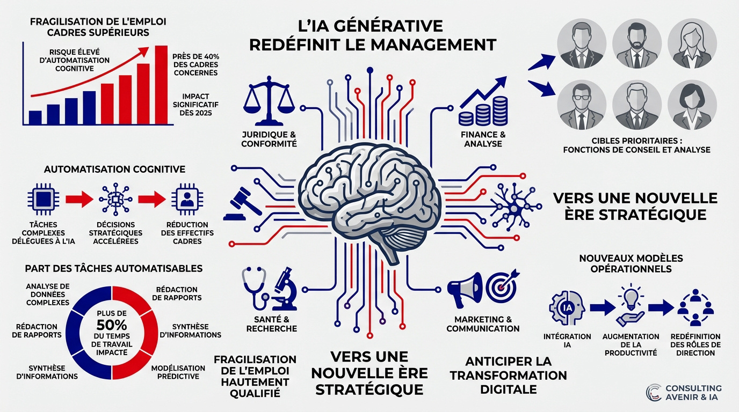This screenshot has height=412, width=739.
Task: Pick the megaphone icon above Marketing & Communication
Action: click(x=463, y=289)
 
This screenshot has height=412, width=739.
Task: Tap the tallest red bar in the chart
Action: click(x=161, y=85)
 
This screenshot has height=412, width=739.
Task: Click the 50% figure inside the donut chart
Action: click(x=112, y=325)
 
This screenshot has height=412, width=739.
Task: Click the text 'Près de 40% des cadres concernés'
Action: click(x=195, y=64)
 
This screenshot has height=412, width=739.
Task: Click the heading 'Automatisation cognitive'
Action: click(x=114, y=169)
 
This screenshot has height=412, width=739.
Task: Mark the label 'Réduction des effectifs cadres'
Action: click(x=187, y=233)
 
